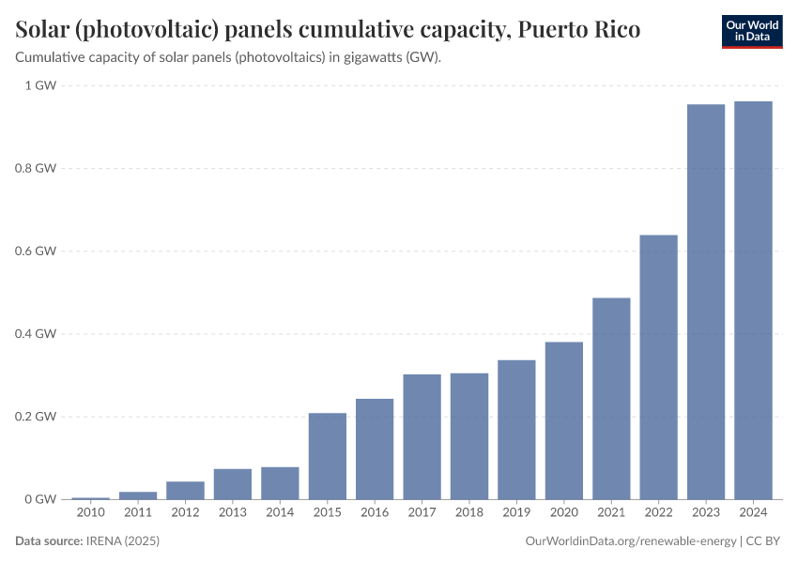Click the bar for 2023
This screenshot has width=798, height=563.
pos(706,301)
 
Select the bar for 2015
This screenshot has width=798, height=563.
pos(328,456)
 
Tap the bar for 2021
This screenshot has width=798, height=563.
pos(611,398)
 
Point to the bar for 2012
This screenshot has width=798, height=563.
pos(186,490)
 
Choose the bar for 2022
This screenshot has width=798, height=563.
pos(658,367)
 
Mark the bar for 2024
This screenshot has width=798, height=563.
pos(753,300)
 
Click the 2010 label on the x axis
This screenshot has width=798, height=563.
pos(91,512)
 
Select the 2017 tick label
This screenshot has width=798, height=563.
pos(422,512)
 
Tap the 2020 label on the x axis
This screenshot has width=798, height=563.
pos(563,512)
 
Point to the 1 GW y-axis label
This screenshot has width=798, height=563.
pos(41,85)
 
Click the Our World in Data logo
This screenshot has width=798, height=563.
pos(752,32)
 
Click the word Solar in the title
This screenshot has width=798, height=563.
pos(43,30)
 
